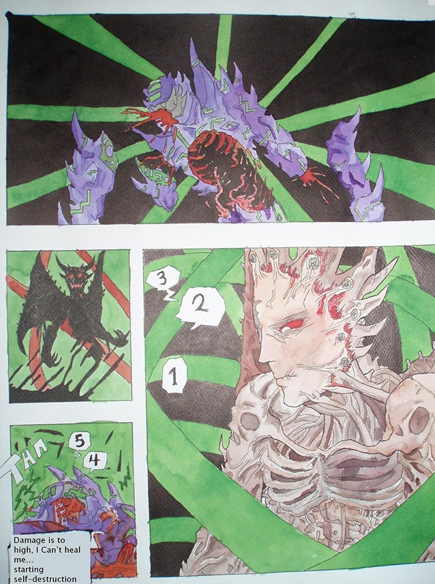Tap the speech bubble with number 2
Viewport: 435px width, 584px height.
201,307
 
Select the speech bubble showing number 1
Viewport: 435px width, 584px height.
174,375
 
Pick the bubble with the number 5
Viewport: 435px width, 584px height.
78,442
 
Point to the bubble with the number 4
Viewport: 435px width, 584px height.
95,461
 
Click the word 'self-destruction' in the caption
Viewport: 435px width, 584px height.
45,579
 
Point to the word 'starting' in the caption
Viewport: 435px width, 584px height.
29,570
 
